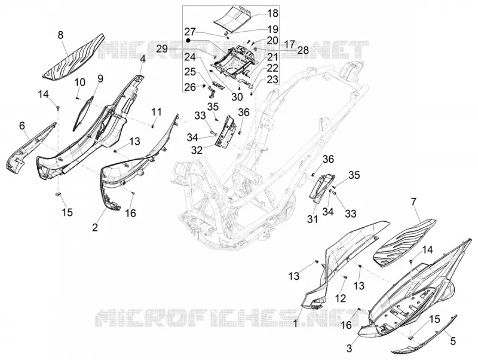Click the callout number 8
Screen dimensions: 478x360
[x=61, y=35]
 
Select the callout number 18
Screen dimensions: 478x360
[x=273, y=13]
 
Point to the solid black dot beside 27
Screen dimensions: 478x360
[x=188, y=40]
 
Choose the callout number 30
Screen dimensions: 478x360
[x=237, y=97]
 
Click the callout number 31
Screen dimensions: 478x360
[x=312, y=219]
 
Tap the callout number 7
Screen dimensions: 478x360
[x=413, y=202]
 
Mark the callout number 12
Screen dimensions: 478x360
[x=341, y=298]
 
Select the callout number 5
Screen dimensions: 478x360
[x=453, y=341]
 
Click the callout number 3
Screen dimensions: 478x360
[x=350, y=348]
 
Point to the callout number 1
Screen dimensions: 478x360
[x=295, y=323]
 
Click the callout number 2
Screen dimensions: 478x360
[x=95, y=227]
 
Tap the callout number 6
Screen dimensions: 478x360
[x=22, y=126]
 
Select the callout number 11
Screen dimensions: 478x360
[x=157, y=112]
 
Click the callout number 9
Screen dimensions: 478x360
[x=100, y=70]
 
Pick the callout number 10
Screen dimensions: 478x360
[x=80, y=83]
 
